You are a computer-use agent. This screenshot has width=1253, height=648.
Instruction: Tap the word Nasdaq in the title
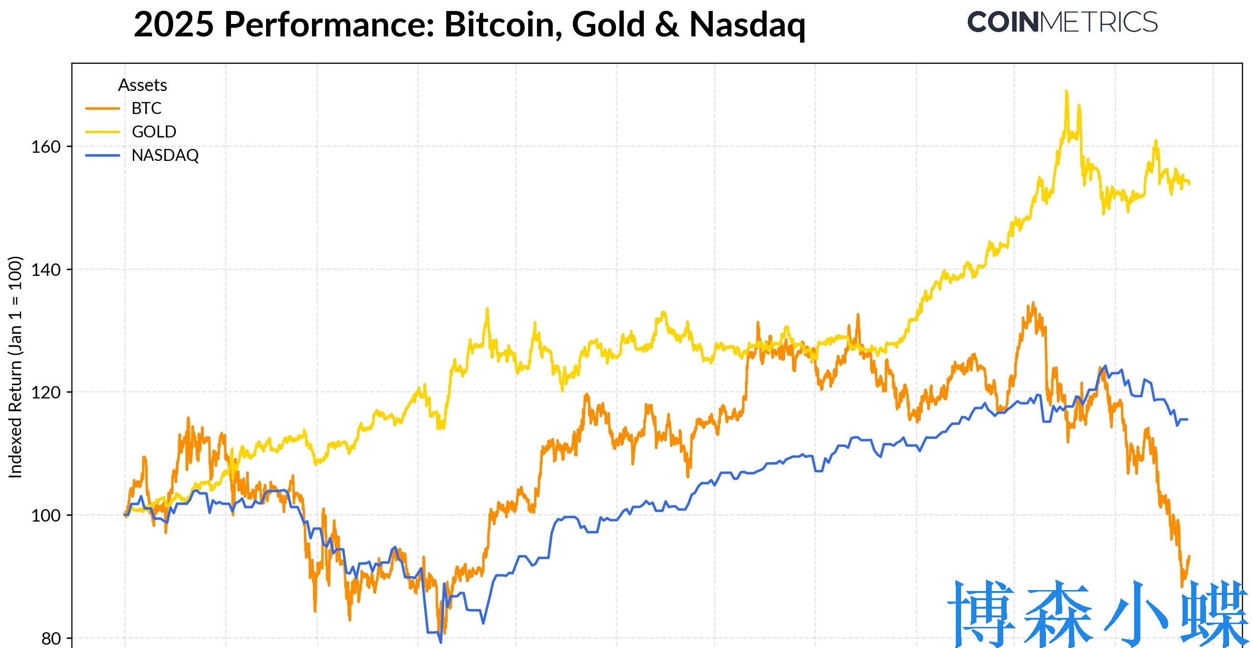click(x=747, y=24)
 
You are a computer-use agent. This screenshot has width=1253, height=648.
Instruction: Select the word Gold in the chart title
click(x=608, y=24)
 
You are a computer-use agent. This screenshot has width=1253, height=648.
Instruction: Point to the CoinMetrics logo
click(x=1062, y=23)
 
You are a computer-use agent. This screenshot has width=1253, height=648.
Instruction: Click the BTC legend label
click(x=146, y=108)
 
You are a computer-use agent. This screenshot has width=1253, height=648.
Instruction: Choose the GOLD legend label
click(x=154, y=132)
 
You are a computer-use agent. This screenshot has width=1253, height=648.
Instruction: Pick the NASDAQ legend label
click(x=165, y=156)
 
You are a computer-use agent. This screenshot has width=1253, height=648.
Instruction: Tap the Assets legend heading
click(x=142, y=85)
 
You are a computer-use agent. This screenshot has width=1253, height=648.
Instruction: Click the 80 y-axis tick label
click(x=51, y=638)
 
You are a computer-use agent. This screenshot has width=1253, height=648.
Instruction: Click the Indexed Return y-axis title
click(x=15, y=367)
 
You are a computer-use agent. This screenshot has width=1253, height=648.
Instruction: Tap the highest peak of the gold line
click(x=1067, y=91)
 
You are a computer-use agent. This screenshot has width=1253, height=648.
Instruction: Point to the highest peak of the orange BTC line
click(x=1033, y=303)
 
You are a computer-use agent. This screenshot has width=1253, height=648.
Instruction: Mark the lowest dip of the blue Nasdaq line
click(x=441, y=642)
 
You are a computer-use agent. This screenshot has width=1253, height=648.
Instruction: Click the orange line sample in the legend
click(x=102, y=108)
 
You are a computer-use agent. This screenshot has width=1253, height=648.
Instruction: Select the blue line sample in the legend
click(x=102, y=156)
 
